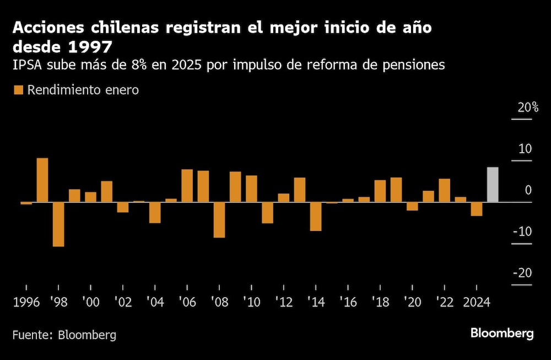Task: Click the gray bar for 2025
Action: point(493,184)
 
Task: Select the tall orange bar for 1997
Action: point(42,180)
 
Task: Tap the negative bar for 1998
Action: point(58,224)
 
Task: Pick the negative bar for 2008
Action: point(219,220)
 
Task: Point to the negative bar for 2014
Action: point(316,217)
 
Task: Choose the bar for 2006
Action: point(187,186)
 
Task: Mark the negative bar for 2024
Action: point(477,209)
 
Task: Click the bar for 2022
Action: point(444,190)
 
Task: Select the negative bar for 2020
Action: point(412,206)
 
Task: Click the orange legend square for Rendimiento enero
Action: point(19,90)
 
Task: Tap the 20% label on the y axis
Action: point(527,108)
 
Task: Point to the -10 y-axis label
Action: point(522,232)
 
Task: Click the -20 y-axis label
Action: point(522,273)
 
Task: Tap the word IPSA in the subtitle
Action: point(28,65)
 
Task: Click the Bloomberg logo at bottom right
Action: point(501,334)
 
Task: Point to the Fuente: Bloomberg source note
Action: point(64,335)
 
